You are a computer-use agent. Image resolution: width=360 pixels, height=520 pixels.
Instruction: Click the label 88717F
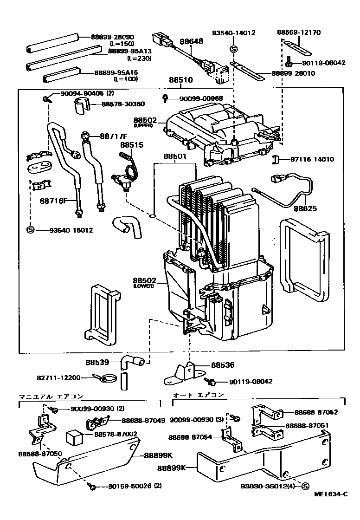click(x=113, y=136)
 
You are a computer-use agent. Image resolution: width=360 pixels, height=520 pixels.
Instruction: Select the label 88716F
click(x=53, y=201)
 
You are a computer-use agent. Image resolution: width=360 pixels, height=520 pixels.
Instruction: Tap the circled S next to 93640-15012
click(x=30, y=230)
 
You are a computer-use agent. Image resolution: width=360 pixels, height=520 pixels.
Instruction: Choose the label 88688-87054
click(x=190, y=437)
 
